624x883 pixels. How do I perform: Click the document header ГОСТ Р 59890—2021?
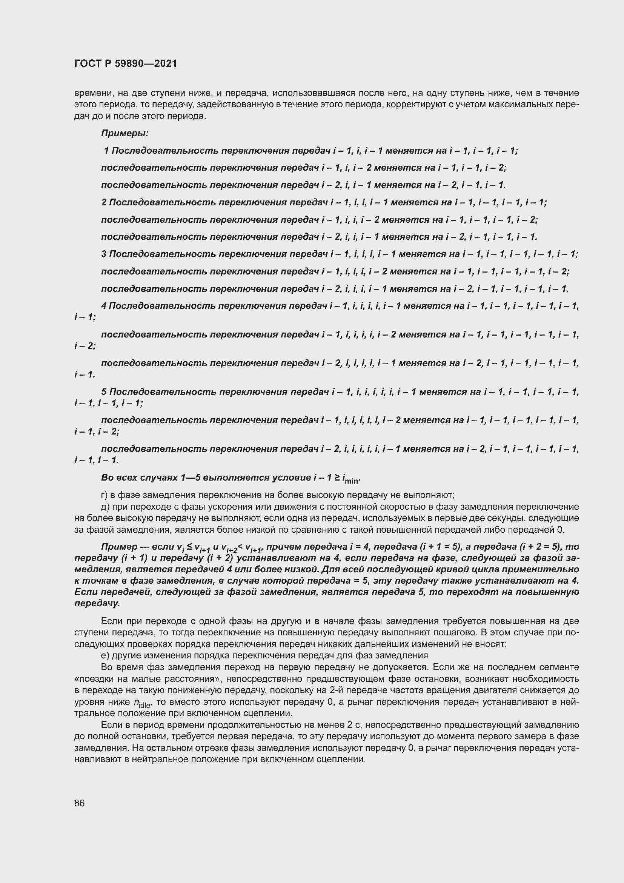126,63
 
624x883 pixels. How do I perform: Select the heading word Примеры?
124,133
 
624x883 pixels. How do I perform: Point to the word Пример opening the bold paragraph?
119,547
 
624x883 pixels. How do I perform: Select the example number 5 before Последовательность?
104,392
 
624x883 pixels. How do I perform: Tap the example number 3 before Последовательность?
104,254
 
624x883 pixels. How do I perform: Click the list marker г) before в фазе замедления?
104,495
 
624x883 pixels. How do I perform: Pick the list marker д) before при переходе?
105,507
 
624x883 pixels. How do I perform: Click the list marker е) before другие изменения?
104,655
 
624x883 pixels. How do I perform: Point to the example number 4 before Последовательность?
104,306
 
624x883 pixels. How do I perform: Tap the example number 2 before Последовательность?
104,202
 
